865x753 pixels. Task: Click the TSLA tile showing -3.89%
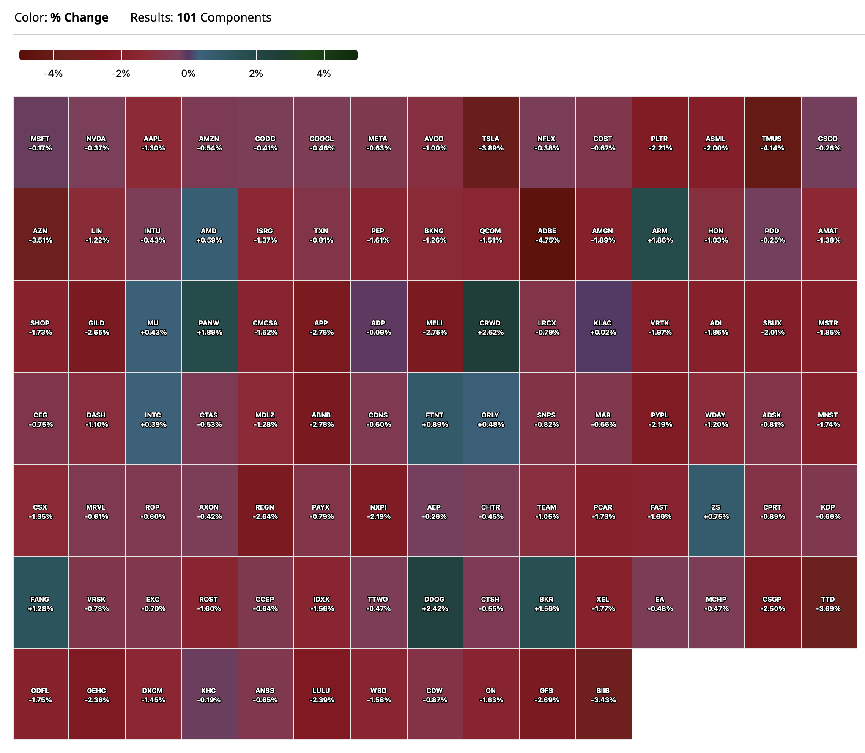[491, 143]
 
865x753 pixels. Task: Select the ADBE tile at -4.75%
[547, 235]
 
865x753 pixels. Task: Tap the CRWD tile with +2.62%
[491, 327]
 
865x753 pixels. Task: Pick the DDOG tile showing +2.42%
[435, 603]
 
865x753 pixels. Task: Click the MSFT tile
[41, 143]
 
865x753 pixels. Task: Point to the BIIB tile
[603, 694]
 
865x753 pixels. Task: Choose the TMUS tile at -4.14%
[772, 143]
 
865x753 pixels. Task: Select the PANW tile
[209, 327]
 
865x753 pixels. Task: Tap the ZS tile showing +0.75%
[716, 511]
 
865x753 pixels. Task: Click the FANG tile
[41, 603]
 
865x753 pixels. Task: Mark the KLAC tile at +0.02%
[603, 327]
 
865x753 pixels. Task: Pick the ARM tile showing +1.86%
[660, 235]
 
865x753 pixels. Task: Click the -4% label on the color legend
[53, 74]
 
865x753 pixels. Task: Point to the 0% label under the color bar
[189, 74]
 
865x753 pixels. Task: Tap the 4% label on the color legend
[324, 74]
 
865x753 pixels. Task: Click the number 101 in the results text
[186, 17]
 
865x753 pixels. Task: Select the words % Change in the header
[79, 17]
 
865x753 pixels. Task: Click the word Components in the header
[235, 17]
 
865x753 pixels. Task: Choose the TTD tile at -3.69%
[828, 603]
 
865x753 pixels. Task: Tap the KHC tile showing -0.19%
[209, 694]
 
